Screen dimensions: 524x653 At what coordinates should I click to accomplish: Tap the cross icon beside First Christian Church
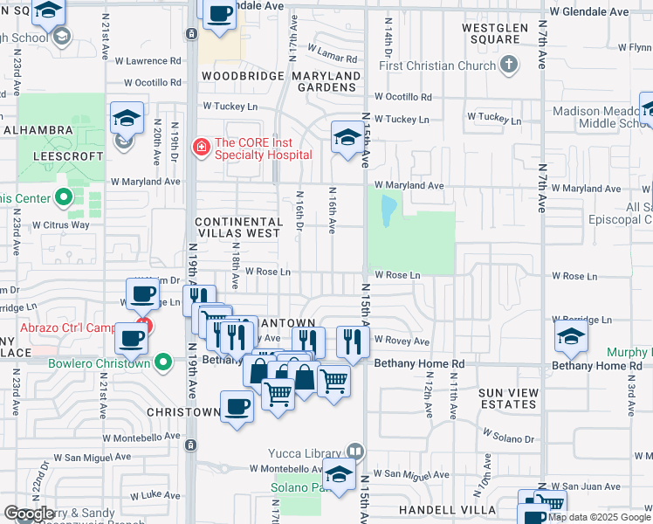click(x=508, y=65)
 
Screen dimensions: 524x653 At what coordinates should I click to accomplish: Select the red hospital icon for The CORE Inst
click(x=203, y=147)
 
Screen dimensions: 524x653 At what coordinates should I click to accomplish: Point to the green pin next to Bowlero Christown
click(x=163, y=362)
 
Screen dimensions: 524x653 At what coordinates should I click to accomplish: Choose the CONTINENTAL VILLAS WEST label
click(x=239, y=228)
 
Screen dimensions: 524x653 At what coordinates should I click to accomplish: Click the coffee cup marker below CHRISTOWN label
click(x=237, y=405)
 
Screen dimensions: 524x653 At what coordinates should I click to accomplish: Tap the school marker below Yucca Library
click(x=339, y=474)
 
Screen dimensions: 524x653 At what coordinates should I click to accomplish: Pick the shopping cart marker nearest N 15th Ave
click(x=333, y=381)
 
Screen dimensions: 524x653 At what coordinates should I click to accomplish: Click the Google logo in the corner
click(x=29, y=514)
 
